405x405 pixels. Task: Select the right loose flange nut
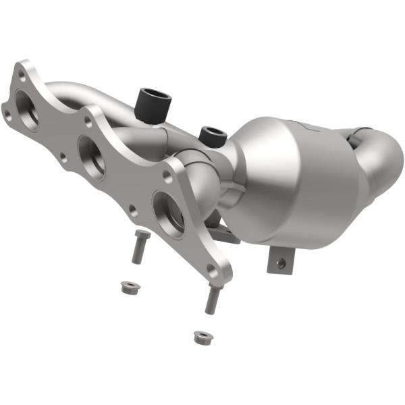(200, 336)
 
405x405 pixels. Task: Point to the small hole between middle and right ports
(132, 212)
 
